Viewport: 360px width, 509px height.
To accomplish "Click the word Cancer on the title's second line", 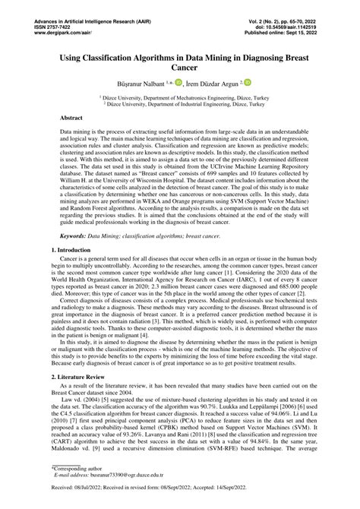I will tap(179, 68).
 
